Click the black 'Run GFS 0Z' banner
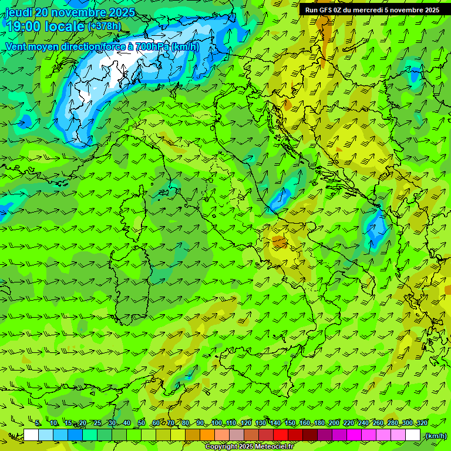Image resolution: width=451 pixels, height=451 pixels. (372, 9)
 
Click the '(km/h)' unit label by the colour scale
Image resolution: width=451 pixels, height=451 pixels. (436, 436)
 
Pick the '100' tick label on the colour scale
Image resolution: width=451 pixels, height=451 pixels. (216, 423)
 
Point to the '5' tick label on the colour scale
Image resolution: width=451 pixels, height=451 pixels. (38, 423)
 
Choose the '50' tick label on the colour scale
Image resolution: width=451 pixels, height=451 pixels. (142, 423)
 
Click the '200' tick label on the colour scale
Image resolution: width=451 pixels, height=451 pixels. (334, 423)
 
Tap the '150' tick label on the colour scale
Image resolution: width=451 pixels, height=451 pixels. (290, 423)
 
